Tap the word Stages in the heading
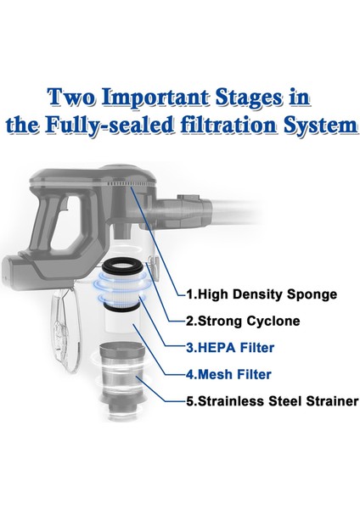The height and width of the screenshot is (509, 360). [249, 98]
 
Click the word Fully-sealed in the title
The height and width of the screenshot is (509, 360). [110, 126]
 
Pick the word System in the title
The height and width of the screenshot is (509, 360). [320, 126]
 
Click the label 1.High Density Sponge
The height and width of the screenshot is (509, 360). [262, 294]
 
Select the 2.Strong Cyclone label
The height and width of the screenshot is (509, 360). [243, 321]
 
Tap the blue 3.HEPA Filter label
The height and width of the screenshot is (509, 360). [230, 348]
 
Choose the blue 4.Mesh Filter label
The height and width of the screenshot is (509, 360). [228, 374]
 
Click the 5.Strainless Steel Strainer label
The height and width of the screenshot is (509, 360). [273, 401]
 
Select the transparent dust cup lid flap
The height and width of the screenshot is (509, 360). [65, 328]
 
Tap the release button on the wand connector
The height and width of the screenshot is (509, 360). [188, 197]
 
